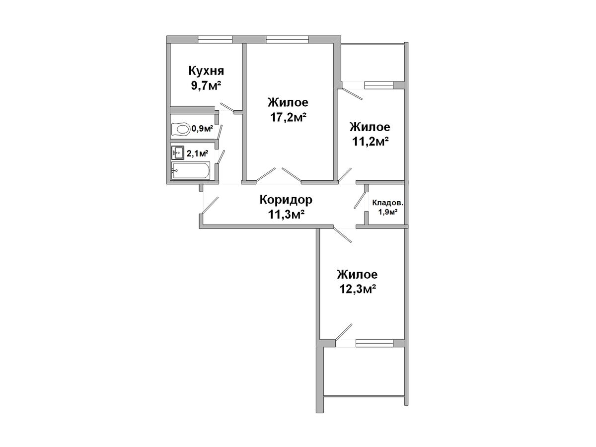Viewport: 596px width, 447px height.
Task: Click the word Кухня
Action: point(206,71)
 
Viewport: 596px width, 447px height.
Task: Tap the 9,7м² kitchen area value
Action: point(206,86)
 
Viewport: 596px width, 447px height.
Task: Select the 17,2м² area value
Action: point(288,117)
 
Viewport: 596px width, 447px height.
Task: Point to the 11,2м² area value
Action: point(370,141)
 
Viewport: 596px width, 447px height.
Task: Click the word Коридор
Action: point(286,200)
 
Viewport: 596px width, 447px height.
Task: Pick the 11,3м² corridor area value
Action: point(286,215)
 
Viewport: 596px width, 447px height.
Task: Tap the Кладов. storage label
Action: point(387,203)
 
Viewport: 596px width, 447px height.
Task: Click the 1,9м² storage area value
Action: point(388,212)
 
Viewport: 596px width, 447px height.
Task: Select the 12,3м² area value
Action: point(358,289)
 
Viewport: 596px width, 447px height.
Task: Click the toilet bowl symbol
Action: point(181,129)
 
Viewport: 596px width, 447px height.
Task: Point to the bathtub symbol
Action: point(190,171)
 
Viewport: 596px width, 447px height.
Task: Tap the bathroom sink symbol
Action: point(178,153)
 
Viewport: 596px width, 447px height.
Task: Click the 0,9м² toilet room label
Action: point(202,128)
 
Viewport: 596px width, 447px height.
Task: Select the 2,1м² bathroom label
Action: point(197,153)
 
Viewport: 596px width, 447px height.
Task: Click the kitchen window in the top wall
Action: point(215,39)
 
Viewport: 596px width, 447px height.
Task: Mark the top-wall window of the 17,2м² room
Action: point(288,39)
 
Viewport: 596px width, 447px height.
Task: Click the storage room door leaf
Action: point(360,200)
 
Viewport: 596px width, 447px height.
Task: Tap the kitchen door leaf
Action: point(227,107)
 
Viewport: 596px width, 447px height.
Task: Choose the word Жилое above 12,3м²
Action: point(357,274)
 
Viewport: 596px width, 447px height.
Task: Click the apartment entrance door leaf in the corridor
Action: point(211,205)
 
